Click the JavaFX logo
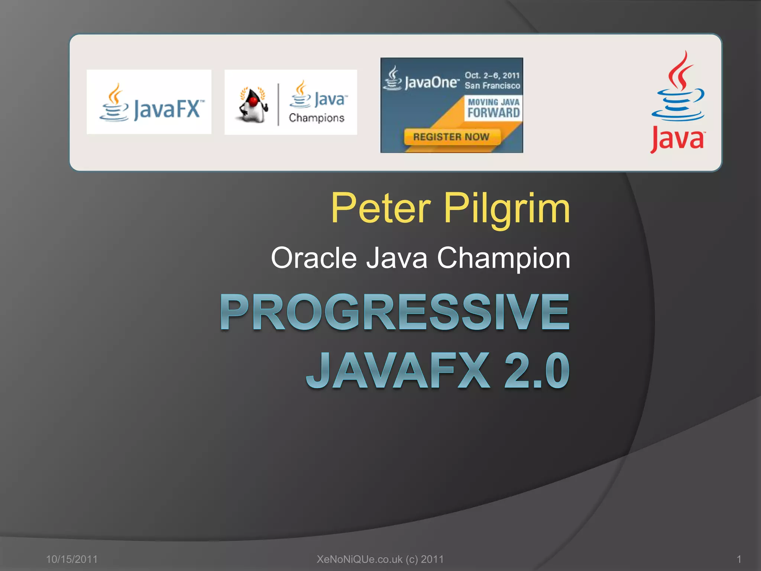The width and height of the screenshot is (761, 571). [149, 102]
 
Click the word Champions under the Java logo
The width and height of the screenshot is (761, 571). [317, 118]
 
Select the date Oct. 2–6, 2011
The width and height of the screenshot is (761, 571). [492, 75]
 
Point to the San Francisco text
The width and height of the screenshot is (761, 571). [492, 86]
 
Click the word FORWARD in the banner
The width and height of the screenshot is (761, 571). [493, 113]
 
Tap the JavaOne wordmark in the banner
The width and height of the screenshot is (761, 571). [431, 82]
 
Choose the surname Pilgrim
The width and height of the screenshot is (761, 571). [507, 209]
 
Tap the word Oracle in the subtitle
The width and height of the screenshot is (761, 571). [314, 258]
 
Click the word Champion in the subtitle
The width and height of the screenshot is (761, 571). [503, 258]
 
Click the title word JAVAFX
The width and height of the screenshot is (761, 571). [398, 370]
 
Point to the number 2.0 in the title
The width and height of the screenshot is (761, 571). [537, 370]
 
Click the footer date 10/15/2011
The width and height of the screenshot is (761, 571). [72, 559]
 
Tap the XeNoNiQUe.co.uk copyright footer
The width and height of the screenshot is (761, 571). [380, 559]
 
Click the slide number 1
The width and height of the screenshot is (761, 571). [739, 559]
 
